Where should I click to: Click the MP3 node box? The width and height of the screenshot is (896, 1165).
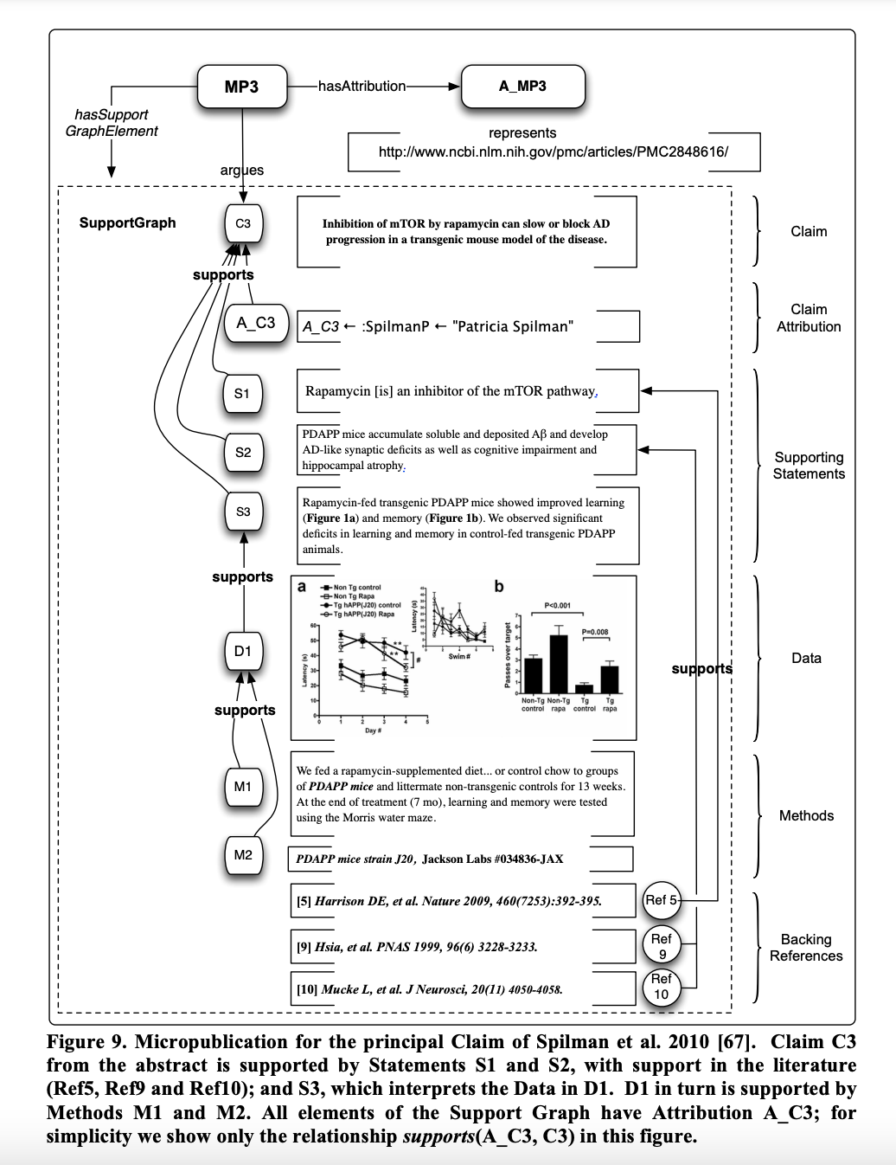[x=241, y=87]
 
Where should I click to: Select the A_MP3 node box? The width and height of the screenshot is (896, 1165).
[x=522, y=87]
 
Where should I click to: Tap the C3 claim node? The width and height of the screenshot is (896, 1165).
[x=243, y=223]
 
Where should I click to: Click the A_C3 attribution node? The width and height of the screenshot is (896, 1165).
[x=255, y=323]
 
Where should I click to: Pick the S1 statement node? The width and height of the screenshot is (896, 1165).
[x=242, y=393]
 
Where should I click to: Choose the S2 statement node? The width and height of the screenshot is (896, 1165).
[x=243, y=452]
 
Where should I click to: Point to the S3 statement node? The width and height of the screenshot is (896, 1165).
[x=243, y=512]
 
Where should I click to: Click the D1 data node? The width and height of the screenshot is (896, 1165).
[x=242, y=650]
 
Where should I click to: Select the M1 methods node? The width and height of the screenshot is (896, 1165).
[x=242, y=786]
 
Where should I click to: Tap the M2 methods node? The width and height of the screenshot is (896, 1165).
[x=243, y=855]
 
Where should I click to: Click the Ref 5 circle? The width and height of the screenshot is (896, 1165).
[x=661, y=900]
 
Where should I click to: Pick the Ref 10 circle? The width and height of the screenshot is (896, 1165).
[x=662, y=987]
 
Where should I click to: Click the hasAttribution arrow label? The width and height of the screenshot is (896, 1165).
[x=362, y=86]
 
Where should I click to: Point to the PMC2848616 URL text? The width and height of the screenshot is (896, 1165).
[x=554, y=151]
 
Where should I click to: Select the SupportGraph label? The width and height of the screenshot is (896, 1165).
[x=127, y=222]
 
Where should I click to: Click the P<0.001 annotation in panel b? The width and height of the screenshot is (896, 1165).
[x=557, y=606]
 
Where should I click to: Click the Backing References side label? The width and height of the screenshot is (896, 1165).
[x=806, y=948]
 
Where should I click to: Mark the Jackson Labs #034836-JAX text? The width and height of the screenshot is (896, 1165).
[x=492, y=859]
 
